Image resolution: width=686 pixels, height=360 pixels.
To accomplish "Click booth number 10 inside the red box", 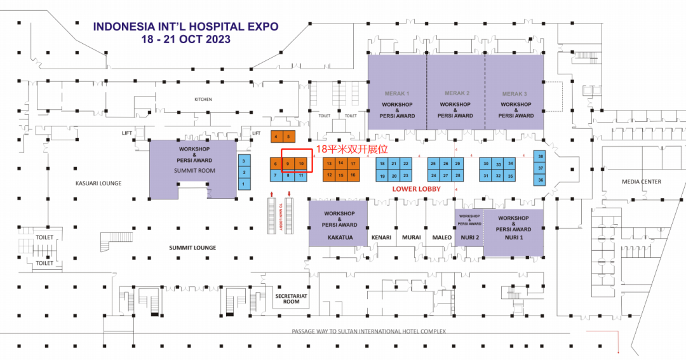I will (302, 164).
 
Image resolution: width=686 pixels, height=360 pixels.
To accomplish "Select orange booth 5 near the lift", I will (288, 137).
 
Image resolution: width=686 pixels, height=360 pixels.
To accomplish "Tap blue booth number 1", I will (244, 184).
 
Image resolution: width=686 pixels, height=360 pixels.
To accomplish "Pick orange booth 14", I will (341, 163).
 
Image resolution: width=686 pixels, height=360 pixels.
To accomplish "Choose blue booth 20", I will (394, 175).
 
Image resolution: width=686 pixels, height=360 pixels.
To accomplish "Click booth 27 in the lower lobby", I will (446, 175).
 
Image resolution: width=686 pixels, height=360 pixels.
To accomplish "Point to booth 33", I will (498, 164).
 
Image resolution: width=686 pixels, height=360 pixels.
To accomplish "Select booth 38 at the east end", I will (541, 156).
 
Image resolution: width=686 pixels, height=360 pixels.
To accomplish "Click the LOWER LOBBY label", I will (417, 189).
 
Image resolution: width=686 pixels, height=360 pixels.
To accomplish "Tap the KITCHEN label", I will (203, 100).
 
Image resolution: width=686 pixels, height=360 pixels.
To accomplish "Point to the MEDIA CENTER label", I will (641, 182).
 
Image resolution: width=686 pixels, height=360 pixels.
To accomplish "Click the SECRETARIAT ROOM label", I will (291, 299).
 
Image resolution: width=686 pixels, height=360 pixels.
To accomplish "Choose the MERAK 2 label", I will (457, 93).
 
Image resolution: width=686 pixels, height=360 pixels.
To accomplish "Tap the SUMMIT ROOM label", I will (194, 171).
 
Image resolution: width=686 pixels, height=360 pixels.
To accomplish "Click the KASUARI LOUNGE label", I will (97, 183).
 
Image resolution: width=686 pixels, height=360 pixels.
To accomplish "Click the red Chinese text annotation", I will (351, 149).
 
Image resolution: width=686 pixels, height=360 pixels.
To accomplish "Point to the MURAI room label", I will (412, 237).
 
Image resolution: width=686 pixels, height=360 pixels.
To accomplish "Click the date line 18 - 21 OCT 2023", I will (186, 39).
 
